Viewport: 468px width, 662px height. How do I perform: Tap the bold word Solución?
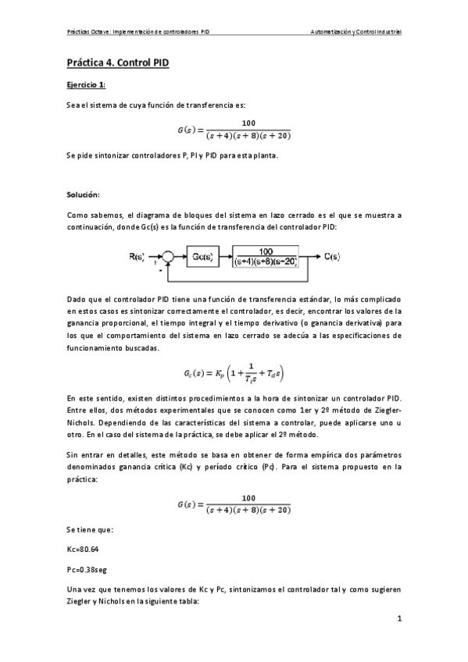(83, 193)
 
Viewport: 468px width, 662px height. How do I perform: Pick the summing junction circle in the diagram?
(168, 255)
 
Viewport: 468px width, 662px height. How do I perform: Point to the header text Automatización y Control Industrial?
(355, 32)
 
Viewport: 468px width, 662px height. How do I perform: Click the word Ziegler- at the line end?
(387, 409)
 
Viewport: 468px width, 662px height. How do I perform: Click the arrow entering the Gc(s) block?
(180, 255)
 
